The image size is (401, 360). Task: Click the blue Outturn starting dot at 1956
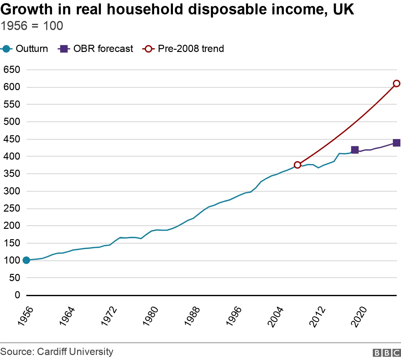(26, 260)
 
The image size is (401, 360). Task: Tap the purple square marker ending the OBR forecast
(396, 143)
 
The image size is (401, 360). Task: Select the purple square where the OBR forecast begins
(355, 150)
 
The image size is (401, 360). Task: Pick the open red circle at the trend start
(297, 165)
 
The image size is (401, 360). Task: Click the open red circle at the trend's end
(396, 84)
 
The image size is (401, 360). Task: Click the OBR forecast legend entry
(96, 49)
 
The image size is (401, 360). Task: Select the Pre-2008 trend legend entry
(183, 49)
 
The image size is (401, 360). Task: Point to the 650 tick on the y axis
(12, 69)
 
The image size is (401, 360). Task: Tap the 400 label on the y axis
(12, 156)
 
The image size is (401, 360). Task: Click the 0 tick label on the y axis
(17, 295)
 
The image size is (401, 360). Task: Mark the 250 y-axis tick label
(12, 208)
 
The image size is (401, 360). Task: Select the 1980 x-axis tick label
(151, 316)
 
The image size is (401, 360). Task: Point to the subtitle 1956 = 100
(32, 26)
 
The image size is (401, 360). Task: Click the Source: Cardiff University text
(57, 352)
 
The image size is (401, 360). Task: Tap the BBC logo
(387, 353)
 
